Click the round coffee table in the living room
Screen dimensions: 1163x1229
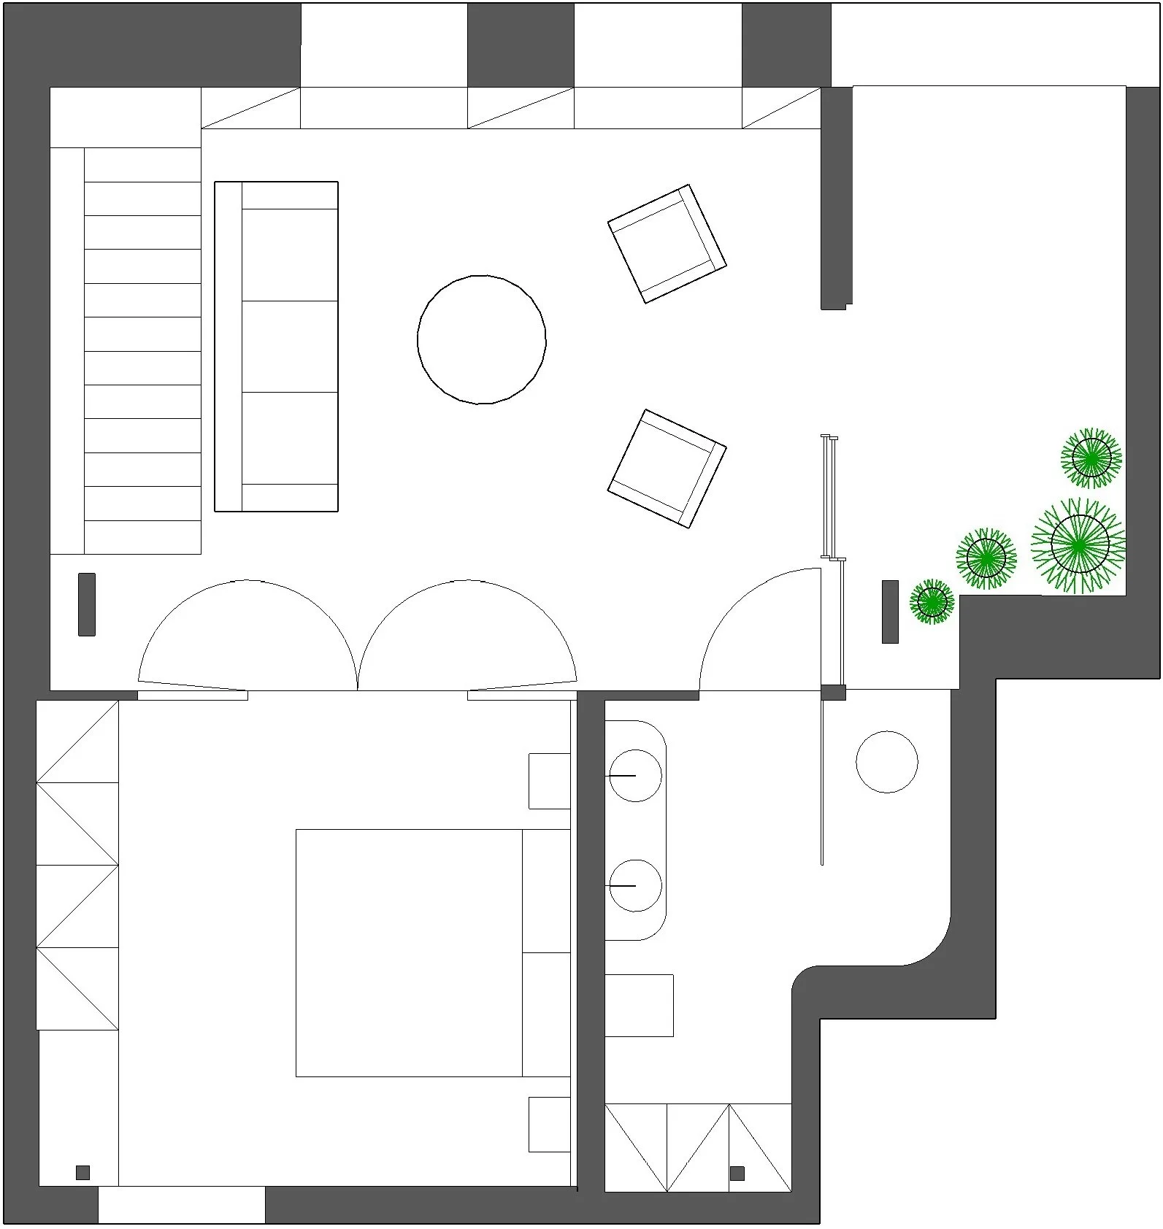click(481, 339)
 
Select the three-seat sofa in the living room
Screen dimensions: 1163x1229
click(276, 346)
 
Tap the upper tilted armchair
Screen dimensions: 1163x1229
click(667, 243)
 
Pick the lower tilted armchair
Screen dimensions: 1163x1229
click(667, 468)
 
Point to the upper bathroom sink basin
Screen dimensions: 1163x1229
click(635, 775)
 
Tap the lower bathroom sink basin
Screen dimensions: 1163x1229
click(635, 885)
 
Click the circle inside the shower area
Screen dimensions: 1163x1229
click(886, 761)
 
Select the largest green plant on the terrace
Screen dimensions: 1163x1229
click(1079, 544)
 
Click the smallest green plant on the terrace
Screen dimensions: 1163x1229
click(932, 602)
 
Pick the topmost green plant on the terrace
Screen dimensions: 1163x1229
click(1091, 458)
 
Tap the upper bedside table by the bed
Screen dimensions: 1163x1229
click(549, 781)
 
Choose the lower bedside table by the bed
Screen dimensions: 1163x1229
click(549, 1124)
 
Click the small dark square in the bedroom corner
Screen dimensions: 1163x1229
click(82, 1172)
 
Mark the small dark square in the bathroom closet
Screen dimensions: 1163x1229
click(737, 1173)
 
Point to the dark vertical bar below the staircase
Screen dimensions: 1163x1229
click(86, 604)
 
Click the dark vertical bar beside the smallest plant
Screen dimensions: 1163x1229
click(889, 612)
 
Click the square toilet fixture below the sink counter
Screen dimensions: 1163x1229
click(639, 1005)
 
